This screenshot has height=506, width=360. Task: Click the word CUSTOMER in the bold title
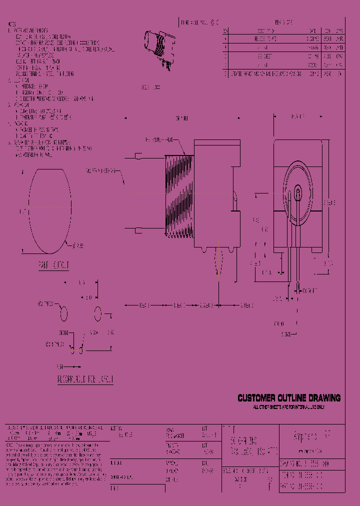coord(256,398)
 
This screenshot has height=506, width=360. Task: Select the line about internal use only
coord(288,407)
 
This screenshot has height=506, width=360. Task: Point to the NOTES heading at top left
coord(12,23)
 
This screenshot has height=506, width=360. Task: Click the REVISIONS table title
coord(283,22)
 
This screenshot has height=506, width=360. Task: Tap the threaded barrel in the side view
coord(177,195)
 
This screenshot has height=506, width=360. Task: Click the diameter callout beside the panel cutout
coord(78,245)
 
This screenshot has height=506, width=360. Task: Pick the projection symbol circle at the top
coord(214,22)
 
